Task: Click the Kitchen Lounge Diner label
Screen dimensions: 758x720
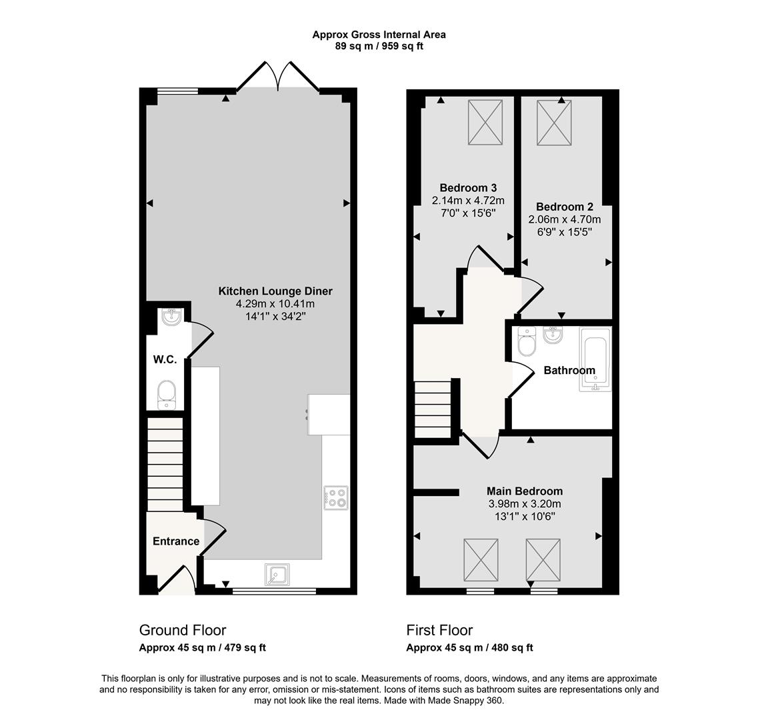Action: pyautogui.click(x=275, y=291)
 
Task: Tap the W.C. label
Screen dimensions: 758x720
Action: pyautogui.click(x=165, y=359)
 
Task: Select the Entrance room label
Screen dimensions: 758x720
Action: pyautogui.click(x=176, y=541)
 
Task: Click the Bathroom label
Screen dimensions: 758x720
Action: pyautogui.click(x=569, y=371)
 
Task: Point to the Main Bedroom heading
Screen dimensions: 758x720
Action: pyautogui.click(x=525, y=491)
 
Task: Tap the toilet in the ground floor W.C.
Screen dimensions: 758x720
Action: pyautogui.click(x=167, y=395)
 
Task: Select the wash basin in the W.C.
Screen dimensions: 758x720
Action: pyautogui.click(x=171, y=317)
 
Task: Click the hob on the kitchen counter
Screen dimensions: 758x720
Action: pyautogui.click(x=335, y=497)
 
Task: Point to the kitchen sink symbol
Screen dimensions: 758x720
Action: pyautogui.click(x=277, y=575)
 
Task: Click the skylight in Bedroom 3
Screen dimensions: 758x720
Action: pyautogui.click(x=485, y=122)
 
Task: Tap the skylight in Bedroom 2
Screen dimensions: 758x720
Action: pyautogui.click(x=554, y=122)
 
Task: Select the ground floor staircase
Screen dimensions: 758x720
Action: pyautogui.click(x=165, y=464)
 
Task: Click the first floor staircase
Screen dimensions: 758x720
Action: pyautogui.click(x=433, y=409)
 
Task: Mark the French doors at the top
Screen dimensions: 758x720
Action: pyautogui.click(x=277, y=75)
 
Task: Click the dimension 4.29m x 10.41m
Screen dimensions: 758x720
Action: pyautogui.click(x=275, y=304)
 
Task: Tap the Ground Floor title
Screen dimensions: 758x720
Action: pyautogui.click(x=183, y=630)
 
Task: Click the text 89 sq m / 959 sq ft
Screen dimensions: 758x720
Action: pyautogui.click(x=379, y=47)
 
